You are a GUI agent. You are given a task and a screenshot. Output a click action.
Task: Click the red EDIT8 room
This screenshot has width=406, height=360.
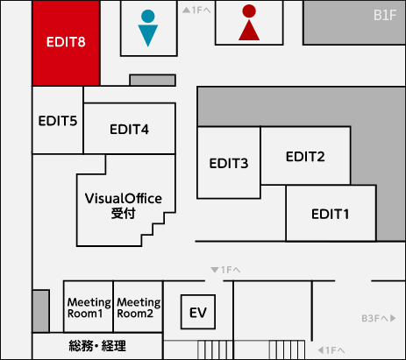(66, 43)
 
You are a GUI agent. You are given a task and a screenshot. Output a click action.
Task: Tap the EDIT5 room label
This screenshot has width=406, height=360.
(58, 121)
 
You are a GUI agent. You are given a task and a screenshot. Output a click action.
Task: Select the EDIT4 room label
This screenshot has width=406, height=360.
(129, 129)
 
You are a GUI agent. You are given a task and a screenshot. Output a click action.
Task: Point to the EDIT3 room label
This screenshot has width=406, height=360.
(229, 163)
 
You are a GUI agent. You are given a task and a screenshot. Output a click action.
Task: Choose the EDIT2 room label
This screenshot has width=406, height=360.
(305, 157)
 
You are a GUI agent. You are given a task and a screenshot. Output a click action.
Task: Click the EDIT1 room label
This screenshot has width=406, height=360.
(330, 214)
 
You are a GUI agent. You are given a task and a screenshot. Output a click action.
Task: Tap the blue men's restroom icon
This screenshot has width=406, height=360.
(148, 28)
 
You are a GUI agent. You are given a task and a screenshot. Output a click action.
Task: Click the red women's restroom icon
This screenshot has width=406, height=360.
(249, 23)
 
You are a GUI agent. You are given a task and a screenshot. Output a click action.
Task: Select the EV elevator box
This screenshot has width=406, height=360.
(198, 312)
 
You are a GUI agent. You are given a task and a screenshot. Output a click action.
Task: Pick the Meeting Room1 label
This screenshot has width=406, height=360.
(89, 307)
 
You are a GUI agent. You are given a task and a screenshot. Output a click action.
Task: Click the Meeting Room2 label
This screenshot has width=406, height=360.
(139, 307)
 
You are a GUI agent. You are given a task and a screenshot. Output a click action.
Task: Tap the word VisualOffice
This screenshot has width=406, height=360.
(124, 199)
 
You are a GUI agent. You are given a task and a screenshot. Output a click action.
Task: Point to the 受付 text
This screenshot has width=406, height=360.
(123, 214)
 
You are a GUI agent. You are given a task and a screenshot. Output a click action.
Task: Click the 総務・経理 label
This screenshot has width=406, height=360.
(97, 346)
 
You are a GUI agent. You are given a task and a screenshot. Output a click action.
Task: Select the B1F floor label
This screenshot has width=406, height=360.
(385, 15)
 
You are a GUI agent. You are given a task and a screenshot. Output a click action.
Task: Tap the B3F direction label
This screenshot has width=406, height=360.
(379, 318)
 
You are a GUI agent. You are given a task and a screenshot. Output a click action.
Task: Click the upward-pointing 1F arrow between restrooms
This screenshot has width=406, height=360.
(196, 11)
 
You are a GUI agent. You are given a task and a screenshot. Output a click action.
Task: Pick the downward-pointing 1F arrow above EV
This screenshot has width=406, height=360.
(225, 270)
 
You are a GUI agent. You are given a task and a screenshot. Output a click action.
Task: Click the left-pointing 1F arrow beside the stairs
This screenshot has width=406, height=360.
(331, 350)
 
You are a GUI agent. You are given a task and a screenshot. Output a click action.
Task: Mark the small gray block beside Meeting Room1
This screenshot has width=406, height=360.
(40, 311)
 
